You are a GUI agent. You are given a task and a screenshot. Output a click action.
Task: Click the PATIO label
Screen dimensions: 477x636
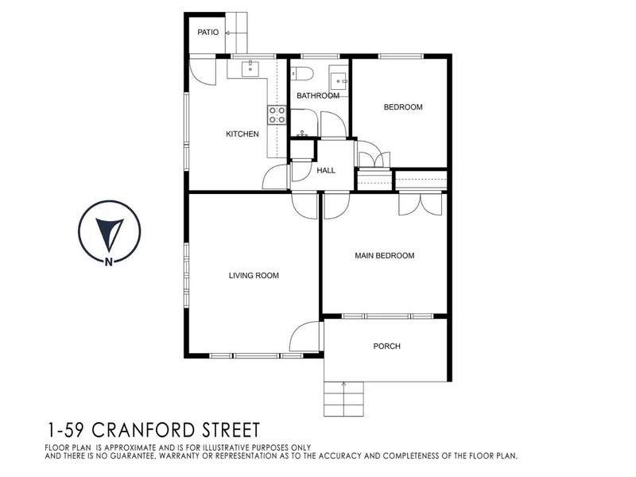[x=208, y=33]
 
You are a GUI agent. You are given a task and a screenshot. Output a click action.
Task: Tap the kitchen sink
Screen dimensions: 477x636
[x=250, y=68]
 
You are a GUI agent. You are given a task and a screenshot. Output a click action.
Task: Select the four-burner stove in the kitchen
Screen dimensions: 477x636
[x=277, y=115]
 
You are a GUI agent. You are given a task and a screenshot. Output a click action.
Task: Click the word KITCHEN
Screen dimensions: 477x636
[x=242, y=134]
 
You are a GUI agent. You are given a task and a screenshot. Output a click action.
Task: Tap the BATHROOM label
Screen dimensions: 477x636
[x=318, y=96]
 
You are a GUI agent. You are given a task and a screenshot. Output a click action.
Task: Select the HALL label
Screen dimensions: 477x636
[x=326, y=170]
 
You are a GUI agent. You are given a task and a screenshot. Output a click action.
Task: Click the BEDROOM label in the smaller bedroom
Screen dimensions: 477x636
[x=403, y=107]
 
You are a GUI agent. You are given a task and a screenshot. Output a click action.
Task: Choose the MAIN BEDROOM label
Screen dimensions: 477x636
[x=385, y=256]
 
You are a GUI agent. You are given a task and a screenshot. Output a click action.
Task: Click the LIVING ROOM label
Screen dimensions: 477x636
[x=254, y=276]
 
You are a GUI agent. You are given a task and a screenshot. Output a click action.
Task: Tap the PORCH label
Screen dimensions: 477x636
[x=386, y=347]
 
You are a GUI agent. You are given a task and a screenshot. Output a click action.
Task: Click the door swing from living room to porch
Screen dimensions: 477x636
[x=306, y=337]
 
